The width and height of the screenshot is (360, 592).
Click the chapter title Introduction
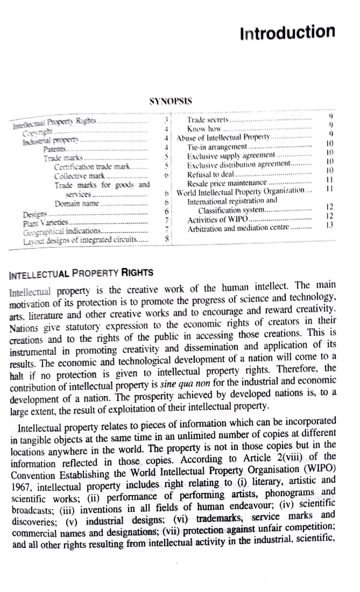[287, 32]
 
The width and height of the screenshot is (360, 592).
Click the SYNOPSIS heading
[171, 101]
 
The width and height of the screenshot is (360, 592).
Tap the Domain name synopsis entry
[76, 204]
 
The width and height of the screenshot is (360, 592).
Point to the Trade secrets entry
[208, 120]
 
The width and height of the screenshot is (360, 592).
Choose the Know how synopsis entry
[204, 129]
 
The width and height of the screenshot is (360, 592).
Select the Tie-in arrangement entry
[217, 147]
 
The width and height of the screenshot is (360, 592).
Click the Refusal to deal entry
[210, 174]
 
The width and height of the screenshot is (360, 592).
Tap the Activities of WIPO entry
[217, 220]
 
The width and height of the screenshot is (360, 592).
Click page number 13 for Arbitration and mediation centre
[329, 225]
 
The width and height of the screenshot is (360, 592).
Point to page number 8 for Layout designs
[167, 239]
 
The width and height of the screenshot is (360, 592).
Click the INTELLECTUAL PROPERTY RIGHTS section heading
[81, 274]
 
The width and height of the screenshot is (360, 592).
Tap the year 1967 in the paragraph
[21, 487]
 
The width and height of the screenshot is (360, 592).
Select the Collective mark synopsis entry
[79, 176]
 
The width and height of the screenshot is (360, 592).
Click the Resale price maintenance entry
[226, 183]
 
